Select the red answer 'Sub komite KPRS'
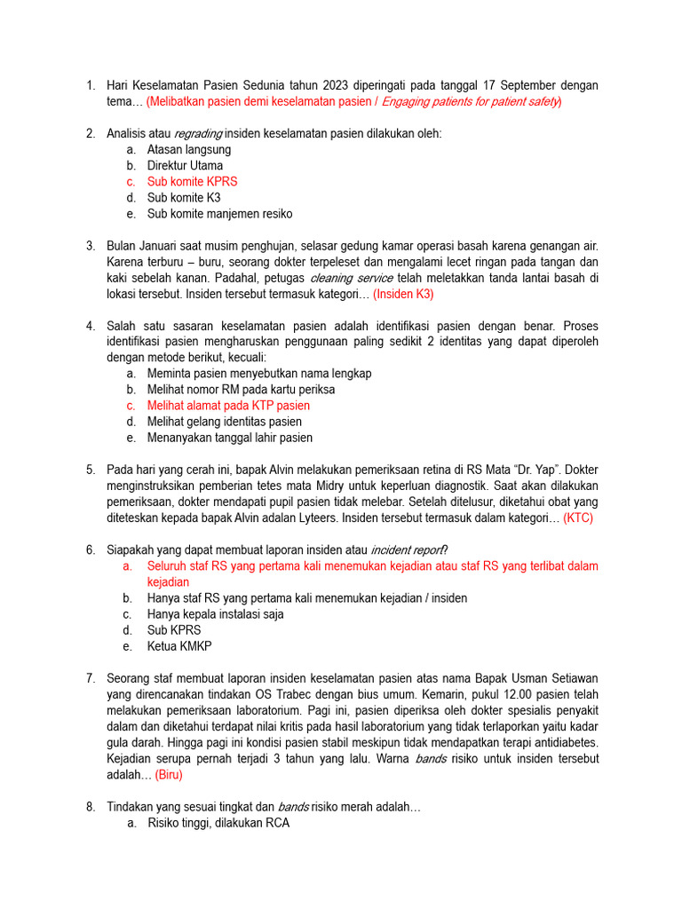pyautogui.click(x=192, y=182)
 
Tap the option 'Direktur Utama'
pyautogui.click(x=185, y=166)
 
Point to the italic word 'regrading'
pyautogui.click(x=198, y=134)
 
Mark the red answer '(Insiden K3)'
pyautogui.click(x=403, y=294)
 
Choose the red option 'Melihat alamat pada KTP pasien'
pyautogui.click(x=228, y=406)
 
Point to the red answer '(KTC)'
pyautogui.click(x=578, y=518)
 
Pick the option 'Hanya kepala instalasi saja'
pyautogui.click(x=215, y=614)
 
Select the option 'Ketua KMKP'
pyautogui.click(x=179, y=646)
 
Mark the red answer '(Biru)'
pyautogui.click(x=169, y=775)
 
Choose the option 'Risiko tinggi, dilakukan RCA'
pyautogui.click(x=218, y=823)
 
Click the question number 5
pyautogui.click(x=91, y=470)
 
